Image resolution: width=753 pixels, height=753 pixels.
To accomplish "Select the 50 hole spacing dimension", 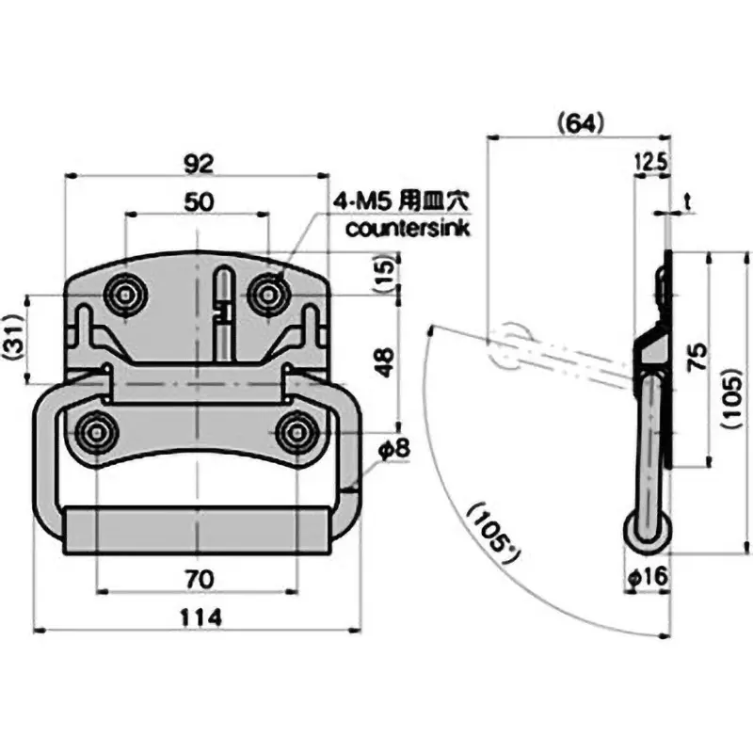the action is pos(197,200).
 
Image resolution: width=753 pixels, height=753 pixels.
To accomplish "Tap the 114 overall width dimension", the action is pos(200,617).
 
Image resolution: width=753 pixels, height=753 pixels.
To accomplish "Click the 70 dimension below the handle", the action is pos(197,578).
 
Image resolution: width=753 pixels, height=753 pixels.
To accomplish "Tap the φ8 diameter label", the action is pos(396,449).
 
